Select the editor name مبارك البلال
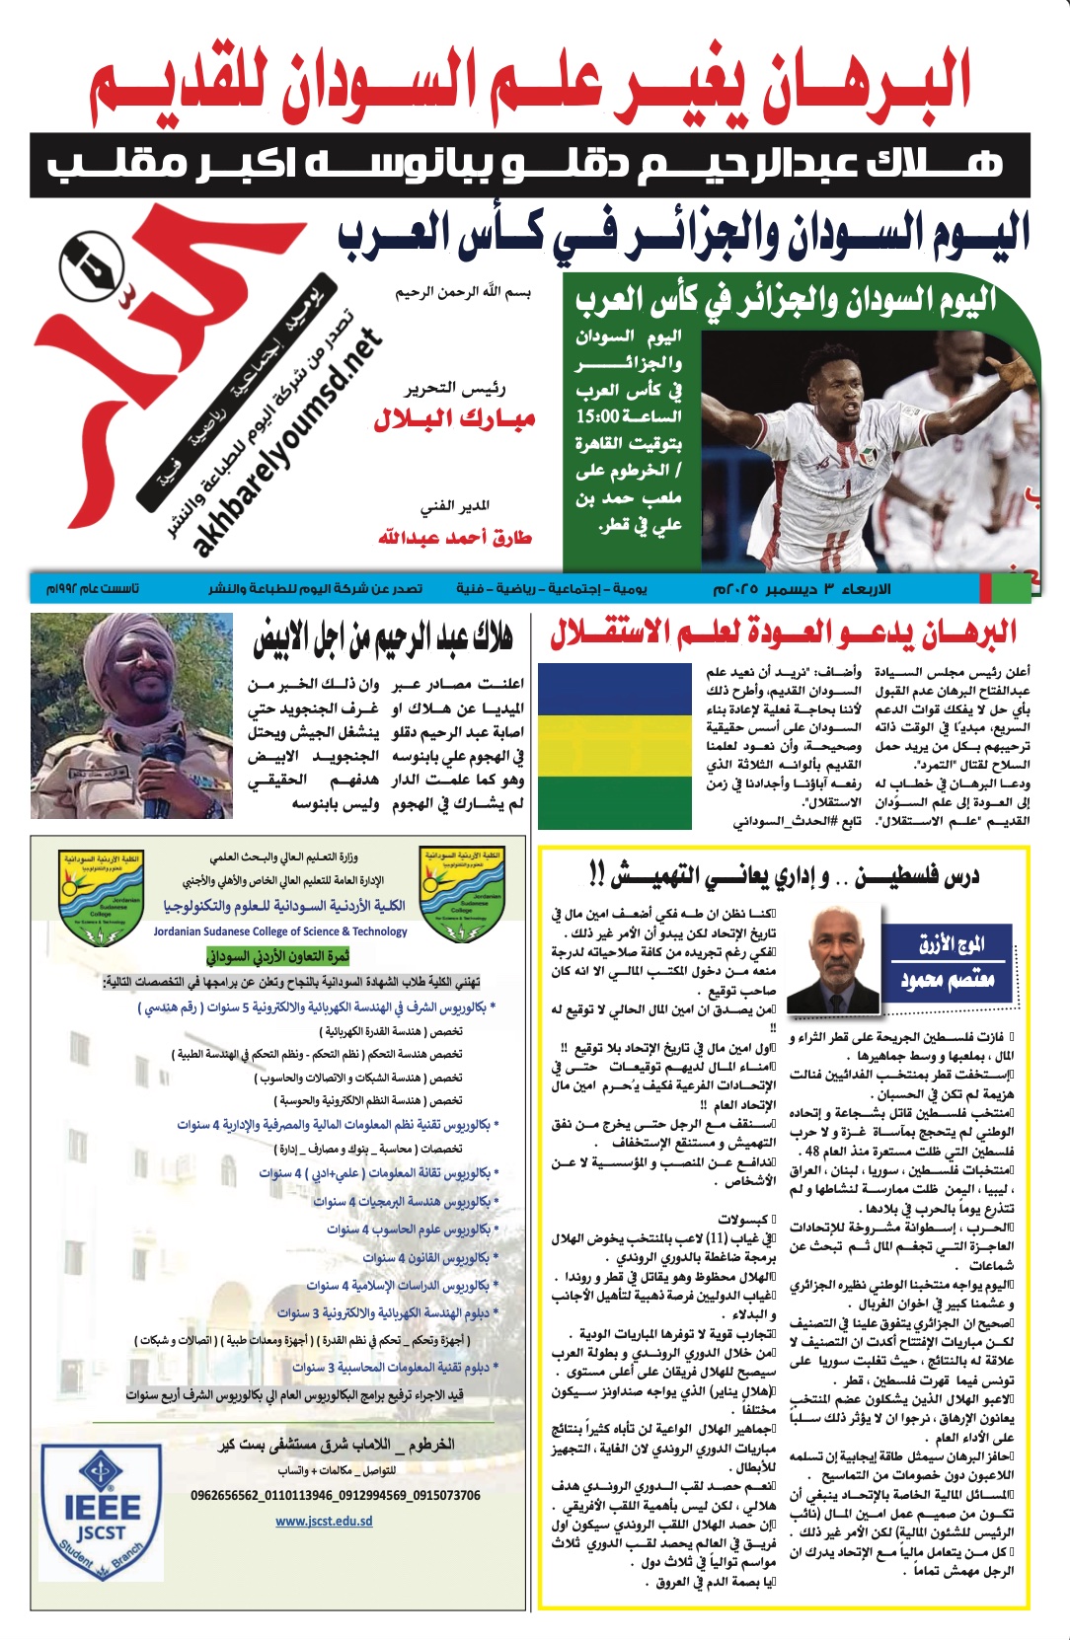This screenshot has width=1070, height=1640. pos(454,419)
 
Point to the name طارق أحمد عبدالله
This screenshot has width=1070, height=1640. pos(454,538)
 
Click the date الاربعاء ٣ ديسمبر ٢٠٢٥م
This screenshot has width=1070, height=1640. pos(802,589)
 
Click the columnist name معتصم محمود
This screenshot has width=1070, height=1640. pos(947,980)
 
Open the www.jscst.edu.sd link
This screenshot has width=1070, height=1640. pos(324,1521)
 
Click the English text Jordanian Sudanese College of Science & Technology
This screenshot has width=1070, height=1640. pos(280,931)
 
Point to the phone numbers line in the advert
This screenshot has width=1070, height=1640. pos(336,1495)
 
